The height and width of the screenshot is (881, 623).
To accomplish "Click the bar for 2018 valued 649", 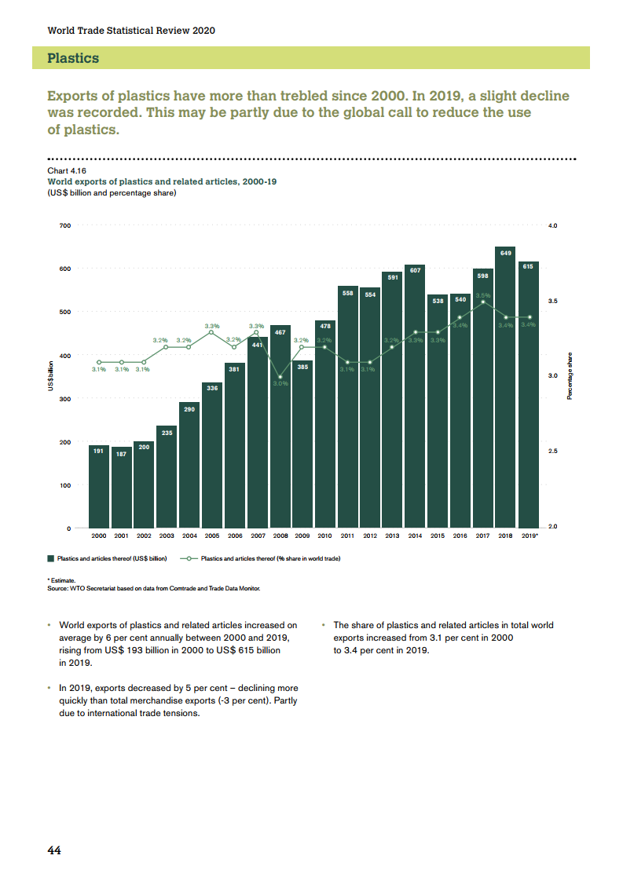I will tap(505, 388).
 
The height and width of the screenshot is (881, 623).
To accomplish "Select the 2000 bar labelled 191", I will tap(99, 486).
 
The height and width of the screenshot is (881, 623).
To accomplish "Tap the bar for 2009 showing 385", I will tap(302, 444).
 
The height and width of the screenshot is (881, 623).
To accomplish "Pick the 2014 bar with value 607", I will tap(415, 397).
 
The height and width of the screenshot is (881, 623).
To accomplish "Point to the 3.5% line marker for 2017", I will tap(483, 302).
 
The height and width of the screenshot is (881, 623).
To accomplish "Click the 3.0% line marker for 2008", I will tap(280, 377).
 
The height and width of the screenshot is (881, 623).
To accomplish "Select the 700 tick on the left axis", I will tap(64, 226).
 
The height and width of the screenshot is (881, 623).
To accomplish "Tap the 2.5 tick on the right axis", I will tap(552, 451).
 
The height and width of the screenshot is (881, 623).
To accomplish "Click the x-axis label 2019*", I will tap(530, 536).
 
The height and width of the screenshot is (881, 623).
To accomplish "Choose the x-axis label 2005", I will tap(212, 536).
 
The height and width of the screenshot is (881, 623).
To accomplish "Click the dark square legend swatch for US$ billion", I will tap(51, 559).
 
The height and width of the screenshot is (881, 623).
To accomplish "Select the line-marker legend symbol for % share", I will tap(189, 559).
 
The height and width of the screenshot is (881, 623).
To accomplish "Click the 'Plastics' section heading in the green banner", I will tap(73, 58).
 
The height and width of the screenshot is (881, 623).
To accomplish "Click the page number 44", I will tap(54, 851).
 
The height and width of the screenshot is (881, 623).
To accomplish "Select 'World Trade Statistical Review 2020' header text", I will tap(131, 31).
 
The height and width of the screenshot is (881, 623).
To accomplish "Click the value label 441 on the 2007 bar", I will tap(257, 345).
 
